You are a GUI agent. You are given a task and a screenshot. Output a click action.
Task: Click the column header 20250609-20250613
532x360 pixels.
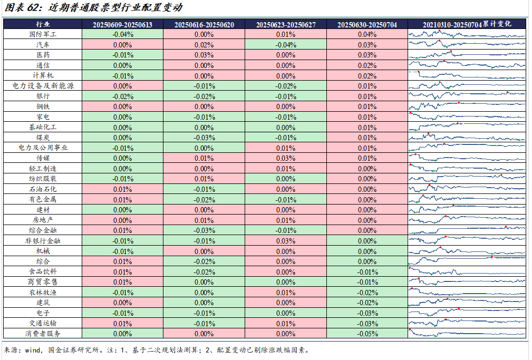(122, 24)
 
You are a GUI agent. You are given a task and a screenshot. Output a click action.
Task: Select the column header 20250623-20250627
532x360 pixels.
(285, 24)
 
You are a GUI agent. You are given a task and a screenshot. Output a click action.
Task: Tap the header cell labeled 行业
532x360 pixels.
(43, 24)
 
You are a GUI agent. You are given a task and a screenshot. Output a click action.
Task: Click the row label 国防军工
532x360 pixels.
(43, 34)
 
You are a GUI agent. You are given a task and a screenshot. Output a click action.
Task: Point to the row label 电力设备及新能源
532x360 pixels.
(43, 86)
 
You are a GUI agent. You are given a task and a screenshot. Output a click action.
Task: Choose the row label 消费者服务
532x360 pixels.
(43, 334)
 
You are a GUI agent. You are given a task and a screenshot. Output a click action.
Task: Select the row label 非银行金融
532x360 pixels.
(43, 241)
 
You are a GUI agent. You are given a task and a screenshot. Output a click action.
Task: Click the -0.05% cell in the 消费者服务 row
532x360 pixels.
(367, 334)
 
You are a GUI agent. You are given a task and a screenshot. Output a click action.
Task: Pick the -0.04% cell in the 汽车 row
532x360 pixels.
(285, 45)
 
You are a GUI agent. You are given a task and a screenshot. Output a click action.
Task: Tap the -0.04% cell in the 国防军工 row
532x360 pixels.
(122, 34)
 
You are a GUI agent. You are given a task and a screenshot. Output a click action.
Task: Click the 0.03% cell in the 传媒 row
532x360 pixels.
(285, 158)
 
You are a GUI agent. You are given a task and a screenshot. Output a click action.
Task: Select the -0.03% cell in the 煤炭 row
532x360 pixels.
(204, 138)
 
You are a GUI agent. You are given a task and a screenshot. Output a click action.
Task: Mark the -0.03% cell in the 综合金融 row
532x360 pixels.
(204, 230)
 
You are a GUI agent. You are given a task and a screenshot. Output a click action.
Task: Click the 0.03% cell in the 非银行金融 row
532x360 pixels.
(285, 241)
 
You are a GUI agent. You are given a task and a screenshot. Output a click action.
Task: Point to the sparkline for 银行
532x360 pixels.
(467, 96)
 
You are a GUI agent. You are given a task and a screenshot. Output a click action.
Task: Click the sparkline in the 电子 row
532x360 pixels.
(467, 313)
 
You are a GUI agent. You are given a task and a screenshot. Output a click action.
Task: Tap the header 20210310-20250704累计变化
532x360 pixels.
(467, 24)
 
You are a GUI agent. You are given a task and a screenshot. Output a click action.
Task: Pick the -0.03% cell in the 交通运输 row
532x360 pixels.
(367, 323)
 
